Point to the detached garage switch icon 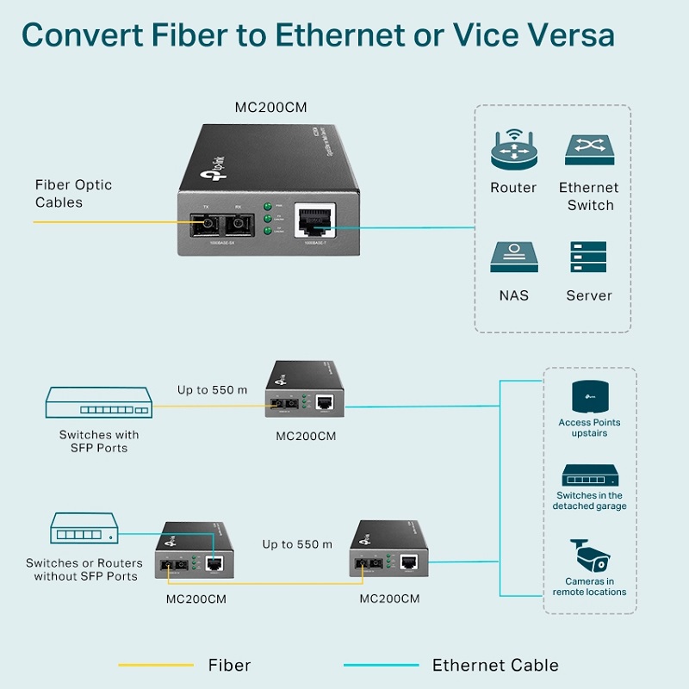tap(590, 476)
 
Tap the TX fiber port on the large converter tap(206, 225)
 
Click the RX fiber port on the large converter tap(238, 225)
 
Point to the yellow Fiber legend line tap(156, 665)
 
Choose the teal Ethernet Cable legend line tap(381, 665)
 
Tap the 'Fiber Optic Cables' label tap(73, 194)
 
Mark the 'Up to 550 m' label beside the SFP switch tap(212, 390)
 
